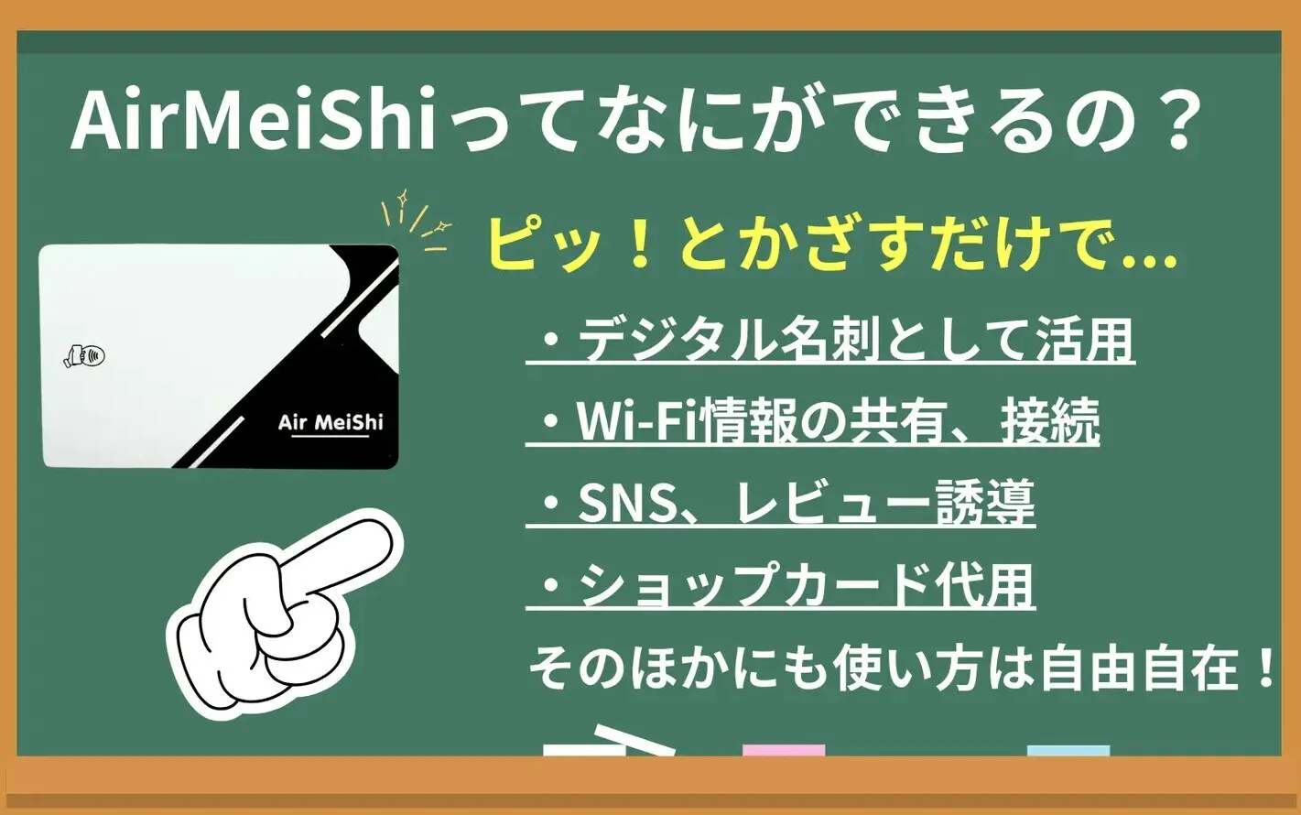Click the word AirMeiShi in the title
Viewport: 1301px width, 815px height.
(253, 119)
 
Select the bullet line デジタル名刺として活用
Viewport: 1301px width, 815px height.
(830, 341)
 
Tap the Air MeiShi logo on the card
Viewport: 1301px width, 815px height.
(331, 423)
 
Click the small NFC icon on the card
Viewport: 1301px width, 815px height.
(84, 355)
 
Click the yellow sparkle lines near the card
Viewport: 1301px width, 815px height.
(416, 221)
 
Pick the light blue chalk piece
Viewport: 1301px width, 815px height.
(1068, 750)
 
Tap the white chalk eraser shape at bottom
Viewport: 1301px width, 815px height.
(609, 741)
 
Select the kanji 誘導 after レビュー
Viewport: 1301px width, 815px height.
(986, 503)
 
